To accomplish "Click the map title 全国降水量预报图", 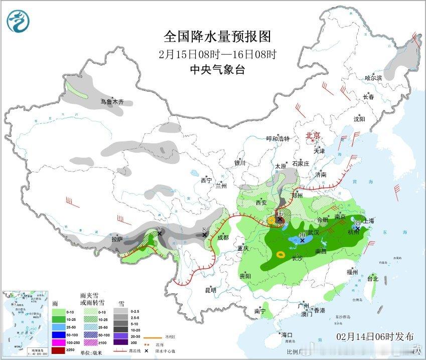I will (x=217, y=37).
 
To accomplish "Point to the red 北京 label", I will (x=314, y=135).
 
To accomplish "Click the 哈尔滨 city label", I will (x=373, y=78).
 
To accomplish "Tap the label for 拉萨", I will (x=116, y=240).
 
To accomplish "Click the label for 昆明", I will (x=210, y=290).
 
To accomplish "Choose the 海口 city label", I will (x=287, y=335).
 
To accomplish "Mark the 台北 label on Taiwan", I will (x=372, y=278).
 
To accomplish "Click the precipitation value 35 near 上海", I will (x=358, y=223).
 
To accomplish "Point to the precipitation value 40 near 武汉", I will (x=302, y=235).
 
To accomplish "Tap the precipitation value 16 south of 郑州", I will (x=279, y=214).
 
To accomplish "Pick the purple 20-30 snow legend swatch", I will (x=120, y=335).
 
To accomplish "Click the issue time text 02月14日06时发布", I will (x=375, y=336).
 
